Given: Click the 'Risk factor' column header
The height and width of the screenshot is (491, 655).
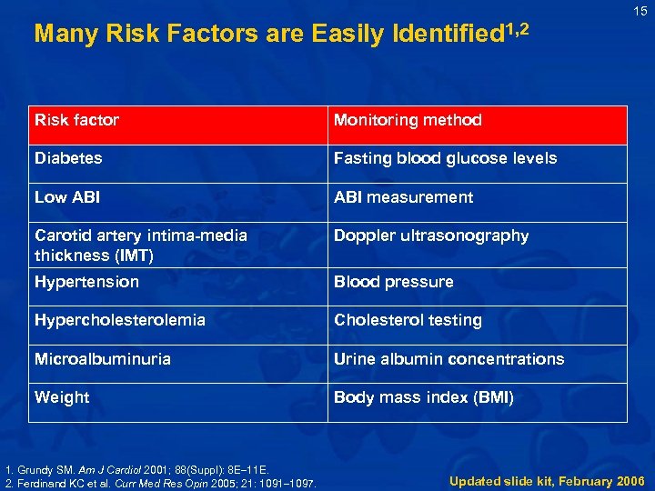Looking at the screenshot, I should (x=77, y=120).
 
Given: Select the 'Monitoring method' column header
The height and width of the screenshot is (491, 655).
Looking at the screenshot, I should (x=408, y=120).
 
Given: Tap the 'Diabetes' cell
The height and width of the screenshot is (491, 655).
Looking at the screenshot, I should (x=68, y=158).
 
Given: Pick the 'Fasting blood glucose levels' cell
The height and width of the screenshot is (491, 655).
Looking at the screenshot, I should (x=445, y=158).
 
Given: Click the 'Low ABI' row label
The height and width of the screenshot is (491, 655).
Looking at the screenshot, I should (x=67, y=197).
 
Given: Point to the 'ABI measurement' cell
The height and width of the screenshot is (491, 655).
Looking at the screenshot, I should (x=403, y=197).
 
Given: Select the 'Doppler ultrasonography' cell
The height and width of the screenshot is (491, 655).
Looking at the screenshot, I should (x=431, y=235).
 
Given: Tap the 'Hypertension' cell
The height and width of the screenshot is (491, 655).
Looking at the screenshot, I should (x=86, y=282).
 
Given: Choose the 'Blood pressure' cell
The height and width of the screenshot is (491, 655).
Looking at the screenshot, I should (x=393, y=282).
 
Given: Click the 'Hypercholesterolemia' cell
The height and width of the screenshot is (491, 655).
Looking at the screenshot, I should (x=120, y=320).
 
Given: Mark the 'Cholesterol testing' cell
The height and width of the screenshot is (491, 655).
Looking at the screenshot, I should (x=408, y=320).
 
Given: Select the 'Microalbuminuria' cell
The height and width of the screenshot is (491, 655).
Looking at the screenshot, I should (x=103, y=359).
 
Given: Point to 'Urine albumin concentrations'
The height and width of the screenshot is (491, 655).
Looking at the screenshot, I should (x=448, y=359).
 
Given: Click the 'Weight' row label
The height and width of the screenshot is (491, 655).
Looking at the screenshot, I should (x=62, y=397).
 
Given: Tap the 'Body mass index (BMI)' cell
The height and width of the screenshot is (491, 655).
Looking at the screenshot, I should (x=424, y=397).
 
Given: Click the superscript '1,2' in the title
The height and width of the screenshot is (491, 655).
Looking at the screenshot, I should (x=515, y=29).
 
